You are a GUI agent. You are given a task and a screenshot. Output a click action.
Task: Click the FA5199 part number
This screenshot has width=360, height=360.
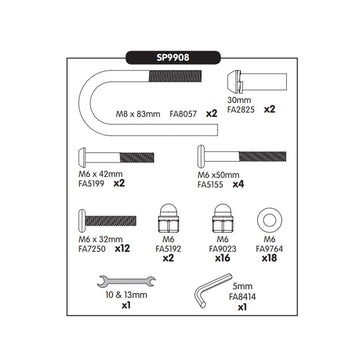tap(92, 185)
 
